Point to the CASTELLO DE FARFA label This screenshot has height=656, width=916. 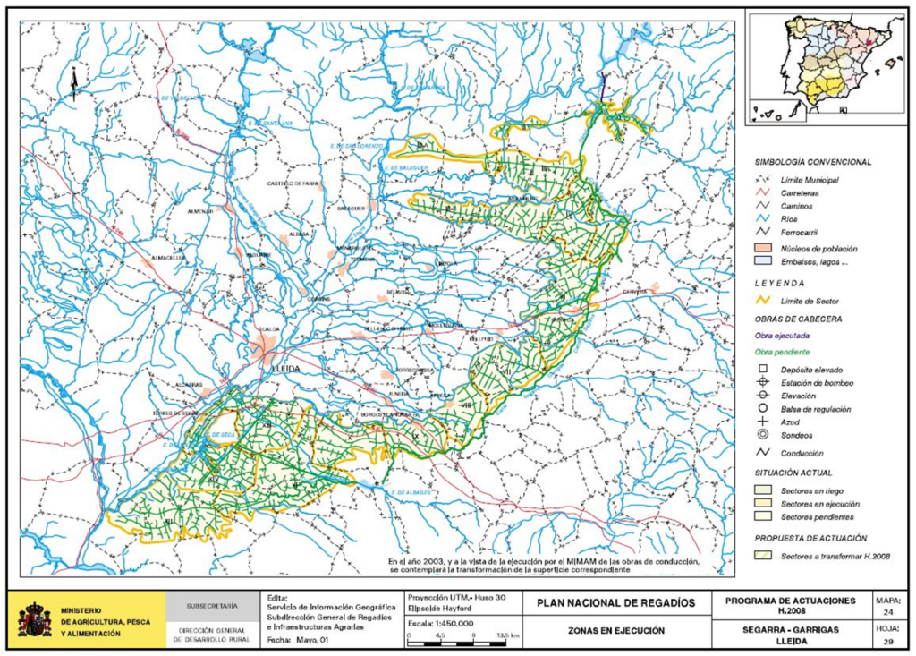point(290,183)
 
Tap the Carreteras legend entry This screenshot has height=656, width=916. point(799,192)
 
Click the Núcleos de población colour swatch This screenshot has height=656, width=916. point(763,248)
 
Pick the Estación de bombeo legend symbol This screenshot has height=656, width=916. point(763,383)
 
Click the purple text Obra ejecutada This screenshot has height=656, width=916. point(783,336)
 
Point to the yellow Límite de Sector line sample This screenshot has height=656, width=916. point(763,301)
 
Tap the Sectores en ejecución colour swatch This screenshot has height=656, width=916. point(763,504)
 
